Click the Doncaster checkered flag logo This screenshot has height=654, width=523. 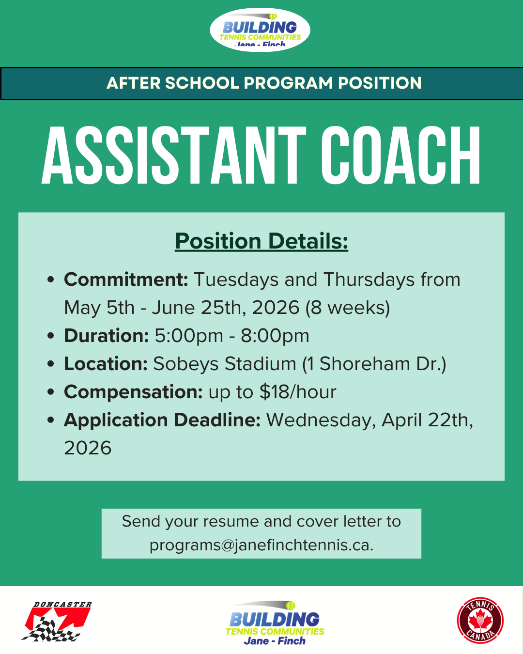(57, 621)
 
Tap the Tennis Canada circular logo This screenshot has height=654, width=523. (480, 620)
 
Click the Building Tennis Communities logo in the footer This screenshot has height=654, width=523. (275, 623)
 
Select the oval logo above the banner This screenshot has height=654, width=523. (260, 30)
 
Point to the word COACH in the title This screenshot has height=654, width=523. (401, 155)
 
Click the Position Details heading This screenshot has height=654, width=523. (261, 241)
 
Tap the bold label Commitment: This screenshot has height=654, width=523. (126, 280)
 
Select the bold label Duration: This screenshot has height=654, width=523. (107, 336)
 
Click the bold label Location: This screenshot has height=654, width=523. (106, 363)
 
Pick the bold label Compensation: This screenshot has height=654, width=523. (133, 392)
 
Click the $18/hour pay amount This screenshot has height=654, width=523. (298, 392)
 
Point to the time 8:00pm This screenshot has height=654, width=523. (275, 336)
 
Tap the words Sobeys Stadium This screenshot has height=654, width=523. (225, 364)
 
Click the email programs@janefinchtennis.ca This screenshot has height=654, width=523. (261, 545)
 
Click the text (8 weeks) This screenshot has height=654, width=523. (348, 308)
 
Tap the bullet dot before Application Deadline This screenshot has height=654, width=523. (51, 420)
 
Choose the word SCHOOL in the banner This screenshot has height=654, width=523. (202, 83)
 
